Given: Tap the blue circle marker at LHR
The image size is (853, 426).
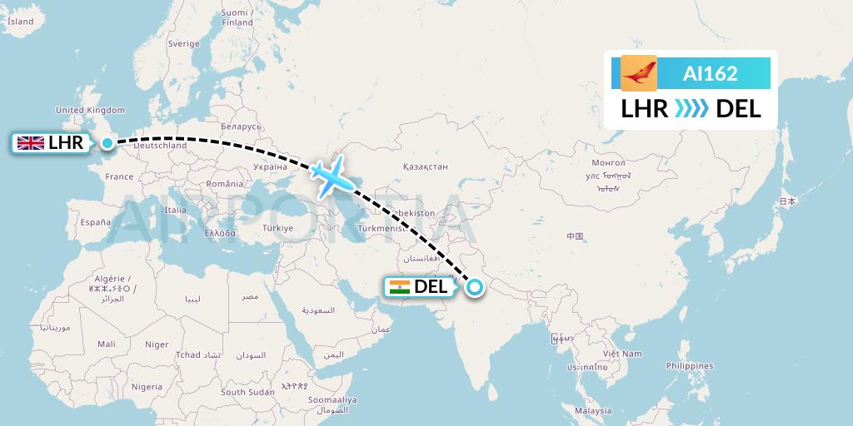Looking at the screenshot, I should click(x=107, y=143).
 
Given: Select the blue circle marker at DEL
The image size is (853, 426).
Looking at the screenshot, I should click(x=474, y=287).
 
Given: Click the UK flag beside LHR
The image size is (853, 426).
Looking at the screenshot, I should click(x=31, y=143).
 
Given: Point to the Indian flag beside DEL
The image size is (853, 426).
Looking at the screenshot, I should click(x=400, y=287).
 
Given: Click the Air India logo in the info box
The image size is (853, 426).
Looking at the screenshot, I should click(x=639, y=73).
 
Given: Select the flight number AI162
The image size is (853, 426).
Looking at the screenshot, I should click(x=710, y=73).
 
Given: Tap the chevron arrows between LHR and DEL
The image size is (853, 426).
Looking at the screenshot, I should click(x=691, y=109).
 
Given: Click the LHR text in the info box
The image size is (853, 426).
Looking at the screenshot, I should click(x=645, y=109).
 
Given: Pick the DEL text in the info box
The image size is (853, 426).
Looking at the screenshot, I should click(x=738, y=109).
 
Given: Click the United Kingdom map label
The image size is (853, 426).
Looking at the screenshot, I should click(x=90, y=110).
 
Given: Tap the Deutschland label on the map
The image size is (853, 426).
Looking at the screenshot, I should click(x=160, y=146).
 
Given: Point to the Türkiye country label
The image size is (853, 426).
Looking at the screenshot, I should click(x=277, y=227).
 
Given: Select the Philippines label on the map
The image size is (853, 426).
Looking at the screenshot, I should click(x=690, y=366).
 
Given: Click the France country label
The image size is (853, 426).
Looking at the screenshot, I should click(x=119, y=176).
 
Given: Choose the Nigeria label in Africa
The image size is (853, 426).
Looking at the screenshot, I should click(x=147, y=386).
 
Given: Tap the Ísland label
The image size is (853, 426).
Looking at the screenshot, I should click(x=20, y=22).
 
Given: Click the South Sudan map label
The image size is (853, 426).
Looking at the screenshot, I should click(x=247, y=392).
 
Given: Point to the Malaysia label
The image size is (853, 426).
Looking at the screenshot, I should click(x=593, y=411).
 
